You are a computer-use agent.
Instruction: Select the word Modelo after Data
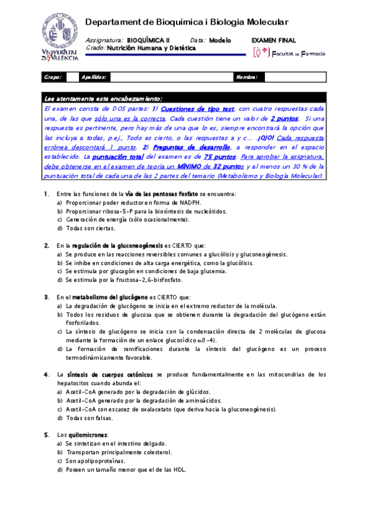click(220, 40)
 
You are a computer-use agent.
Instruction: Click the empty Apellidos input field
click(170, 77)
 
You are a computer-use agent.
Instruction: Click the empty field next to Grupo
click(72, 77)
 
